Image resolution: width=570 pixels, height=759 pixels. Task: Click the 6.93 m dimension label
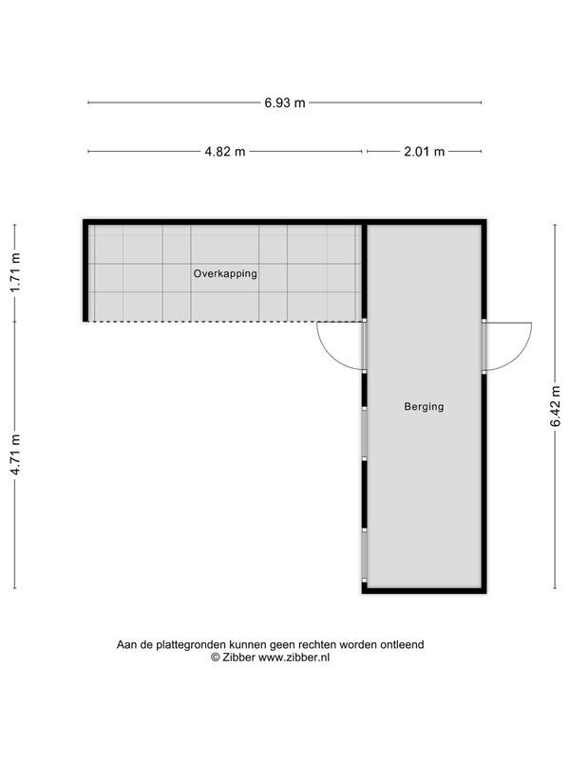285,102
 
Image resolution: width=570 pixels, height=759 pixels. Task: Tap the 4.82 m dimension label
225,152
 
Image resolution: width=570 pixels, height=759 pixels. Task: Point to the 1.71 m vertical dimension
15,272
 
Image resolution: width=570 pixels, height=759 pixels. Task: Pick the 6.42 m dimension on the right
556,405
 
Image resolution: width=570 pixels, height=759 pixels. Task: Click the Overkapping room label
225,273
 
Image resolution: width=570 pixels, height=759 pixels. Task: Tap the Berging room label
424,406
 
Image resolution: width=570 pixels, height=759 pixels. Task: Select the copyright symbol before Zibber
216,657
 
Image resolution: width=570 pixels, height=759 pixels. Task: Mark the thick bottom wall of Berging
424,590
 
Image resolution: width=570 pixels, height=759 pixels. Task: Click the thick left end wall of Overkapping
85,272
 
